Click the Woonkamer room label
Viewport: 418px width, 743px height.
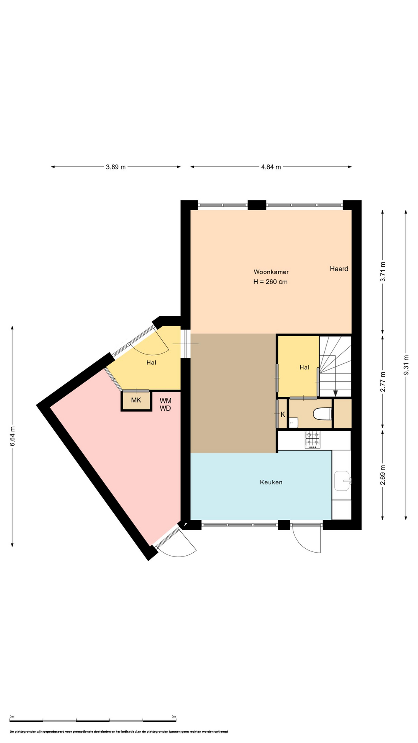271,272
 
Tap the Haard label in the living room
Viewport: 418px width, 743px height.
339,269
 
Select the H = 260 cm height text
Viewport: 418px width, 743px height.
271,282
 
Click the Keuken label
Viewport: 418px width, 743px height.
271,482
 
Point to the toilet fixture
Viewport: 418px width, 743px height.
322,414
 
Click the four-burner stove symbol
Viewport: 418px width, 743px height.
313,439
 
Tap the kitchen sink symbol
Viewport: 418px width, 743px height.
343,481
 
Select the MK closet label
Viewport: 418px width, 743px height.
136,400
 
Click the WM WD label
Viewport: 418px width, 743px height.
165,404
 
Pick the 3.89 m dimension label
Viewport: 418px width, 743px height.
116,167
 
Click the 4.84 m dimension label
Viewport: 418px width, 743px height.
271,167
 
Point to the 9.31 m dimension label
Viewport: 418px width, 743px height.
406,365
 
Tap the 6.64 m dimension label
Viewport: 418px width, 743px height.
12,437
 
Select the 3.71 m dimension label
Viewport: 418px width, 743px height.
383,272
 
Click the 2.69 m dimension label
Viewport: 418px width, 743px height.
383,475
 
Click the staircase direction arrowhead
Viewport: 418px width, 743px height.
336,393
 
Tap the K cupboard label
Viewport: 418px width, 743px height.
283,414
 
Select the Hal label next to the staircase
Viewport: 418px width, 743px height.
304,367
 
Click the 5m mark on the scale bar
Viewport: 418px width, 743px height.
173,716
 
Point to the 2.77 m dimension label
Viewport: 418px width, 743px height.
383,382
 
